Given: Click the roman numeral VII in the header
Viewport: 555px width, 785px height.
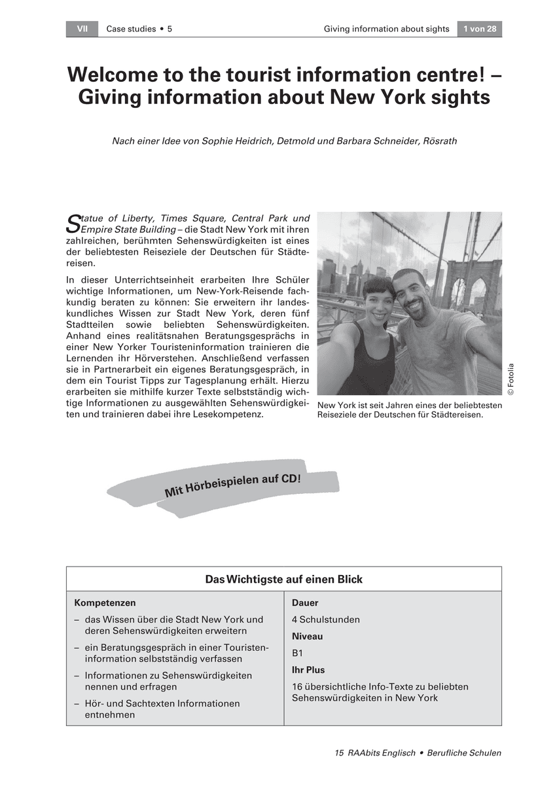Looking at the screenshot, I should [x=82, y=29].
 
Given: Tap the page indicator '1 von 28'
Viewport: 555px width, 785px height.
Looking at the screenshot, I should [x=479, y=29].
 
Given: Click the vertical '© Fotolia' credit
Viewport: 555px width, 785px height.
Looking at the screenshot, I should [x=510, y=379].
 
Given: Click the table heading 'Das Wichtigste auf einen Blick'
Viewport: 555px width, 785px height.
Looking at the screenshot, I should [x=283, y=580].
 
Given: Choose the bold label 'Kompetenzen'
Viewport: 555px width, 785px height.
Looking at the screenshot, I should [x=105, y=602].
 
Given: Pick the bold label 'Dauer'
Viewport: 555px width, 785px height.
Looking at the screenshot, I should [x=305, y=602].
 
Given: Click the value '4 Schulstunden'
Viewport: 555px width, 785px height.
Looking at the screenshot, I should [x=325, y=619].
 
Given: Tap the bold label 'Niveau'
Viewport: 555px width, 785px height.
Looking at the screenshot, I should [x=307, y=636].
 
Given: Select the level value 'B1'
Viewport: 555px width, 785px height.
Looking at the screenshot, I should [x=297, y=653].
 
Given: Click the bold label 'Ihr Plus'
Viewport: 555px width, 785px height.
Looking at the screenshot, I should [x=308, y=670].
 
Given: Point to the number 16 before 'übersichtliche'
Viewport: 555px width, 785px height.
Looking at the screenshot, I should [x=297, y=687].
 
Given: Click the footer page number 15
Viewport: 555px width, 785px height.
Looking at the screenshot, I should [x=339, y=753].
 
